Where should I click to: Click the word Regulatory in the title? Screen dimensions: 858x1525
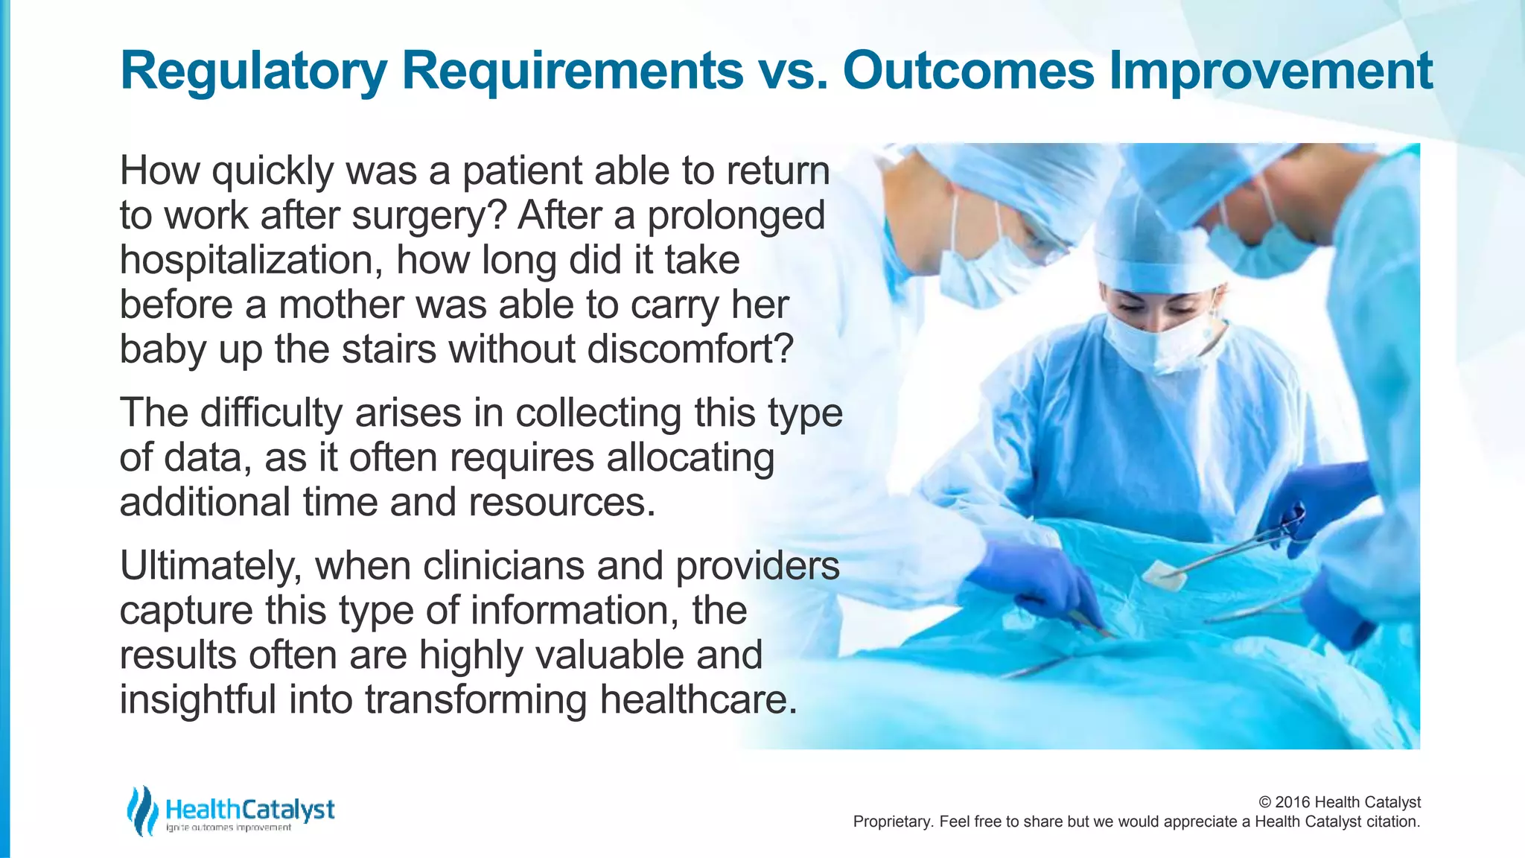pos(253,71)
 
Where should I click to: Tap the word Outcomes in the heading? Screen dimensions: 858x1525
pos(968,71)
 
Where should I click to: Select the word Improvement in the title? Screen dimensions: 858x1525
pos(1270,71)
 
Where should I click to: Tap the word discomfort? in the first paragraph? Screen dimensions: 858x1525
pos(690,349)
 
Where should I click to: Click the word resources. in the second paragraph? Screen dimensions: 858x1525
pos(561,503)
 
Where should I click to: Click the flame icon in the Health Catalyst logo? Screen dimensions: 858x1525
pos(141,810)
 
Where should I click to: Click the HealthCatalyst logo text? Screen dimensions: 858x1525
pos(249,810)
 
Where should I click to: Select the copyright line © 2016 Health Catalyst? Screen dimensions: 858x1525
pos(1339,802)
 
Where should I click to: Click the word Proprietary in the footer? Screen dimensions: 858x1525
pos(891,822)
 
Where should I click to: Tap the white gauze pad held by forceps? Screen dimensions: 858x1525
pos(1163,573)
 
